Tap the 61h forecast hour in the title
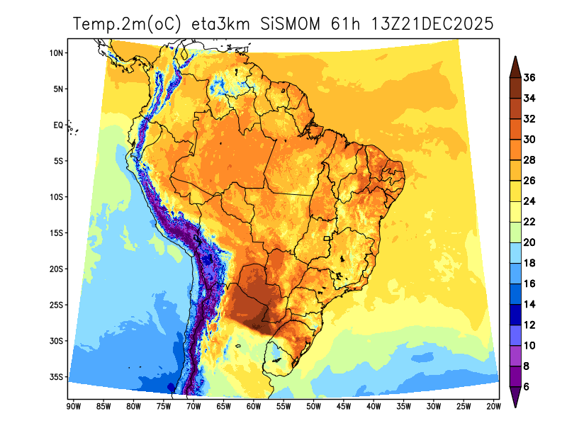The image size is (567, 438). [344, 24]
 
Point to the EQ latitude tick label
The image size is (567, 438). [59, 125]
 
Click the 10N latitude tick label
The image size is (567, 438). [57, 53]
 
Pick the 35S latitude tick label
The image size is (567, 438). [57, 376]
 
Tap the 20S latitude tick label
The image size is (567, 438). [57, 269]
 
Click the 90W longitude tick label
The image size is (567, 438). [72, 406]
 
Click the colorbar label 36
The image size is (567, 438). [529, 78]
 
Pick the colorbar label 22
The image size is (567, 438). [529, 222]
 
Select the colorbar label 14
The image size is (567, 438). [529, 304]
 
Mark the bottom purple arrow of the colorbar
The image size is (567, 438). [515, 397]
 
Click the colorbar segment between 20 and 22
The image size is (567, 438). [515, 232]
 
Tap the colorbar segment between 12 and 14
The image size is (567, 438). [515, 314]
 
